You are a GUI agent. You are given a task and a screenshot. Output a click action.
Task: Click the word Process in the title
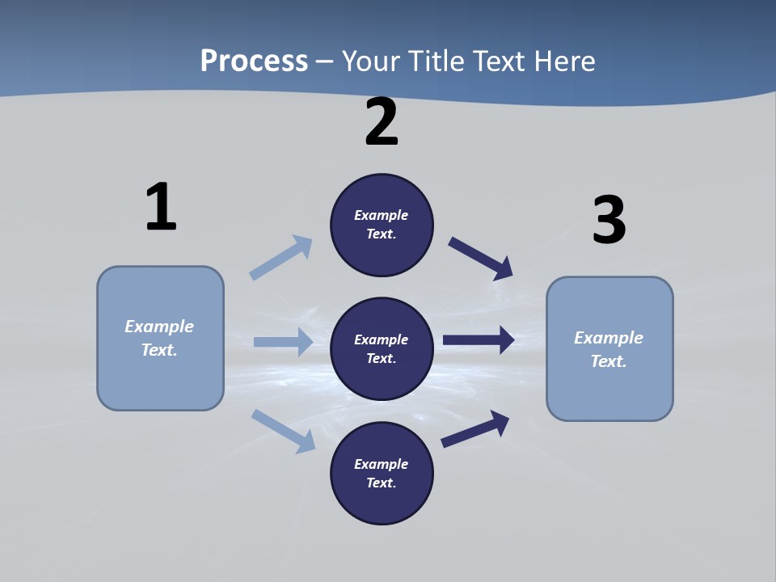pos(254,61)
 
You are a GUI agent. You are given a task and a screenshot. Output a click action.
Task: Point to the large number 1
pos(161,207)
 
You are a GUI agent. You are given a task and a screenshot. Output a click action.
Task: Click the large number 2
pos(382,122)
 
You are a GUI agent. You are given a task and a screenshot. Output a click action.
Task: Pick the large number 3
pos(609,220)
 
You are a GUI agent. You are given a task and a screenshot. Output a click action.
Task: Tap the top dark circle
pos(382,225)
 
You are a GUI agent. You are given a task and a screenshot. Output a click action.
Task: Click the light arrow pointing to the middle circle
pos(283,342)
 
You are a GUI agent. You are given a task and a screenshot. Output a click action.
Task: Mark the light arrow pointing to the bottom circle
pos(283,431)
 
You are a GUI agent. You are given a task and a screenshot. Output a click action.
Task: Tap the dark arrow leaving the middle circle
pos(479,340)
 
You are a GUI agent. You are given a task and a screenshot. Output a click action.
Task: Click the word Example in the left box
pos(159,327)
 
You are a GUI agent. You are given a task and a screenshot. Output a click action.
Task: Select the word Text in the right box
pos(608,361)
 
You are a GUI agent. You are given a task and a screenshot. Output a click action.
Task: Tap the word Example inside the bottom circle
pos(382,464)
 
